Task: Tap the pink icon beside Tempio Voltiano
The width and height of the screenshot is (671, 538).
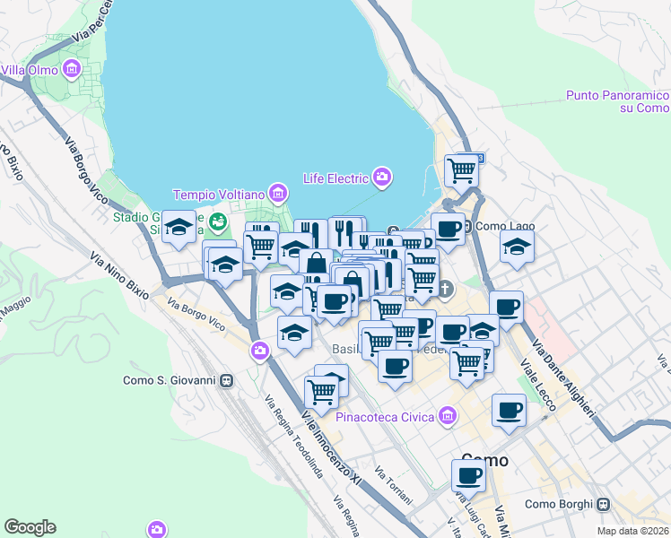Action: point(277,194)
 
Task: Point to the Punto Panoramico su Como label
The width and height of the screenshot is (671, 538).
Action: point(618,101)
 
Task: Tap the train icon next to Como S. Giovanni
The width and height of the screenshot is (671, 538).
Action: point(227,380)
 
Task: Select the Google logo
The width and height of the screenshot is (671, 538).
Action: point(30,527)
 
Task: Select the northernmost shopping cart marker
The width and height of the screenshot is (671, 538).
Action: point(462,168)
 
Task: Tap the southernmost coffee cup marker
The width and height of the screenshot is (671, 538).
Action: point(467,474)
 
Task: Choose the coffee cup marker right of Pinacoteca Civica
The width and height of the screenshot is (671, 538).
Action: point(509,410)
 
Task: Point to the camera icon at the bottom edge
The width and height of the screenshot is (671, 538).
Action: point(158,529)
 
